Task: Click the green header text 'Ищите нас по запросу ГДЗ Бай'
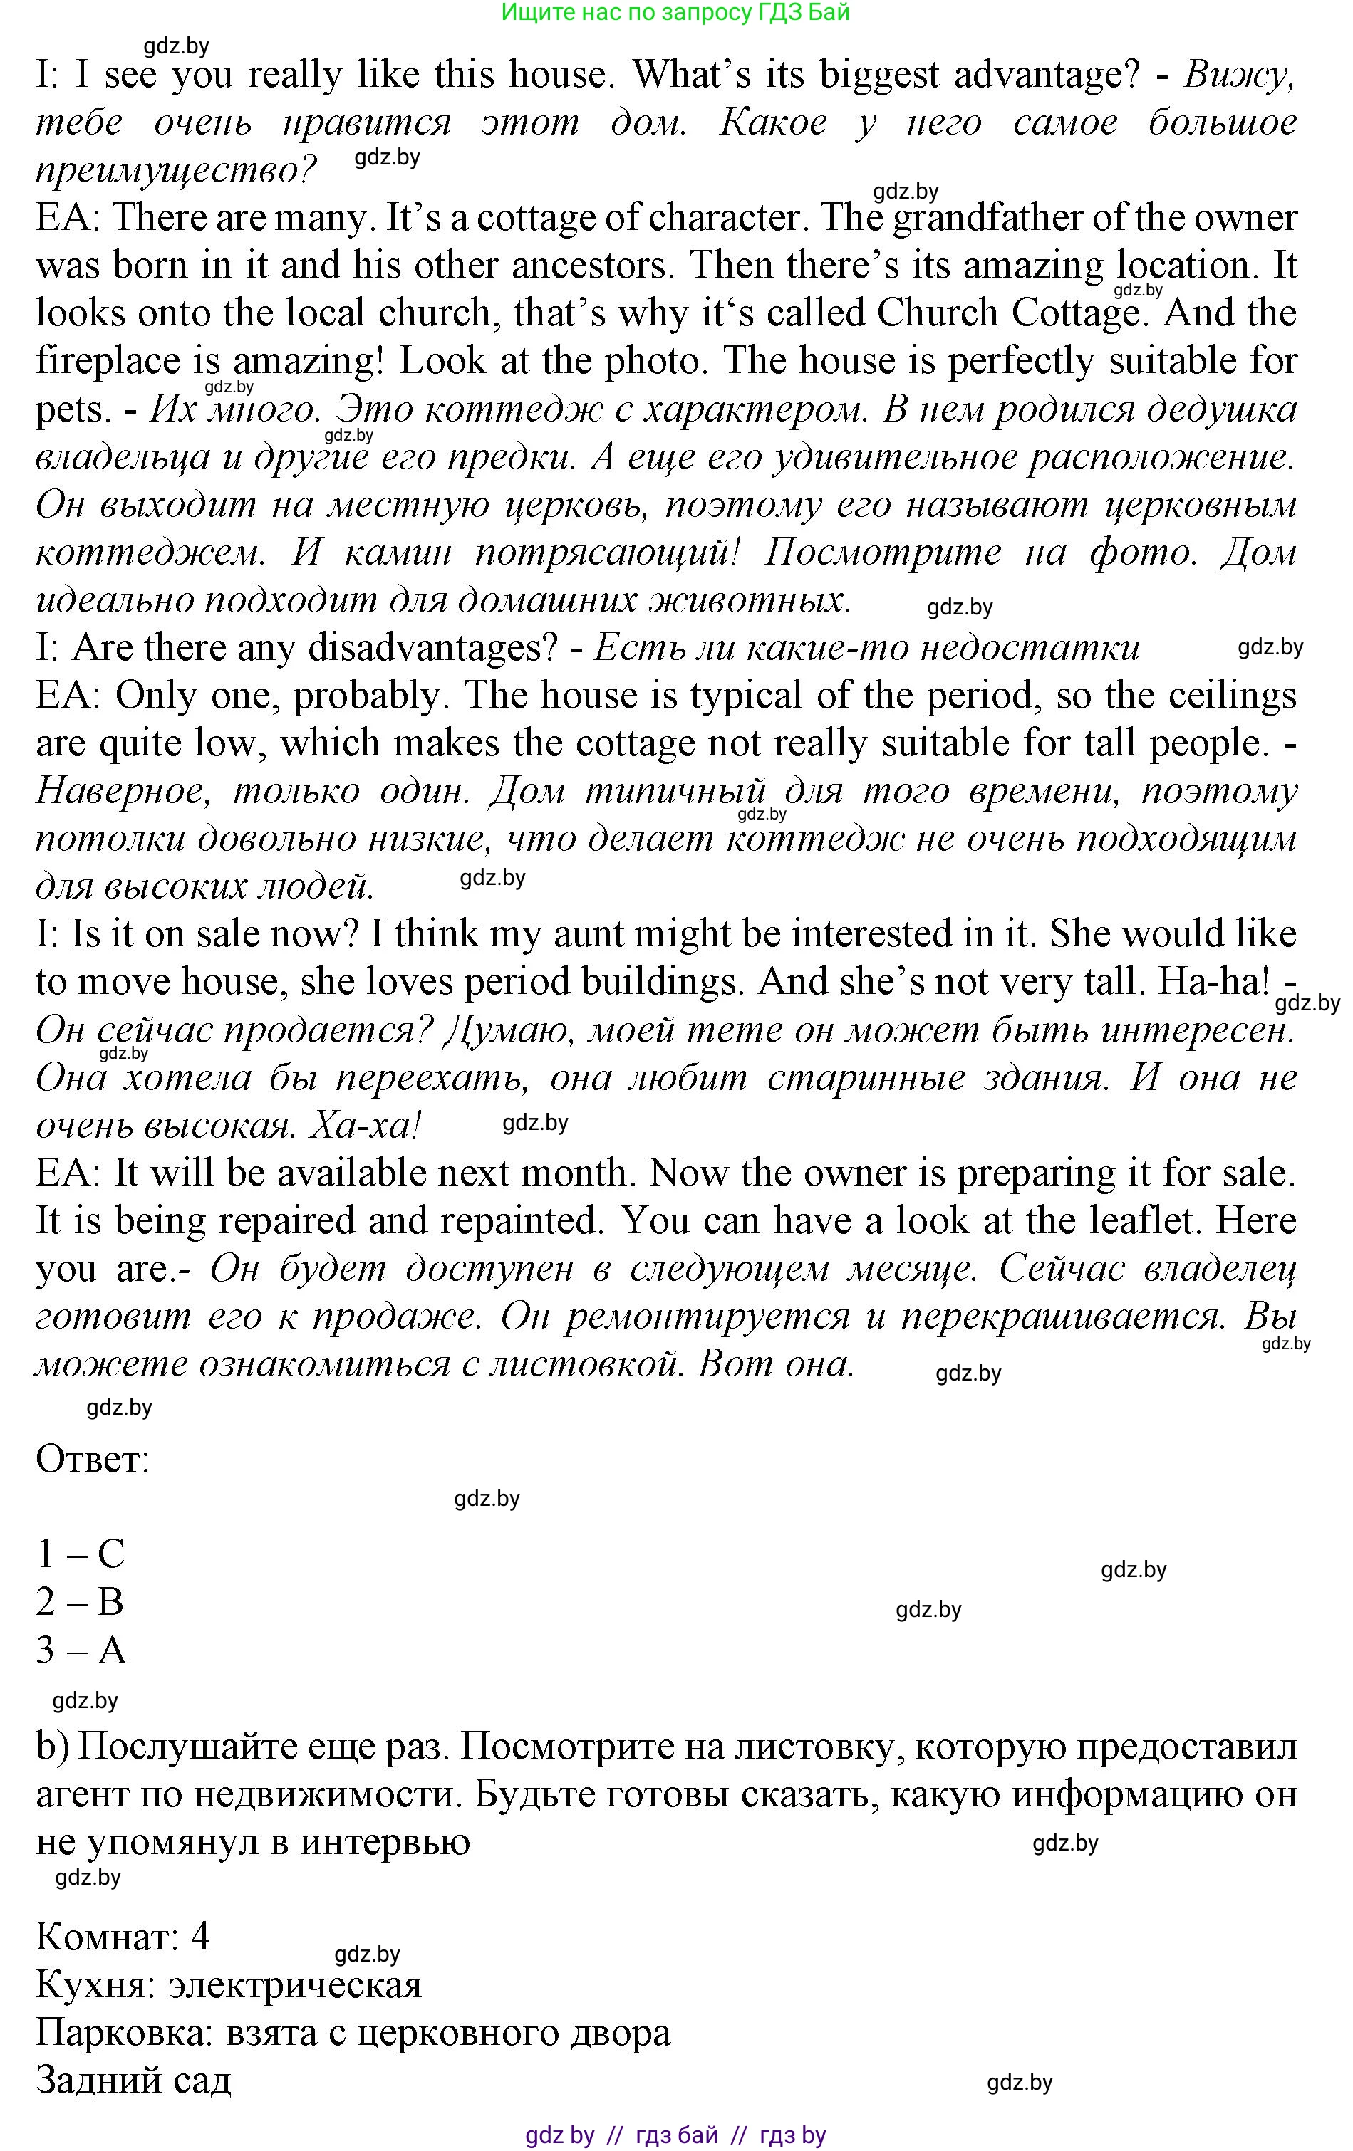(675, 13)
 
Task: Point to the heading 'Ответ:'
(93, 1460)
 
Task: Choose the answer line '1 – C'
(81, 1555)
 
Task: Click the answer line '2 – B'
(80, 1603)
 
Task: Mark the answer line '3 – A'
(81, 1650)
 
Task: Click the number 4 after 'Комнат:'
(200, 1937)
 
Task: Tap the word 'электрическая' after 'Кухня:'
(295, 1985)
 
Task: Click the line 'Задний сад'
(133, 2081)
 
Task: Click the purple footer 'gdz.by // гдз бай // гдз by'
(675, 2135)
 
